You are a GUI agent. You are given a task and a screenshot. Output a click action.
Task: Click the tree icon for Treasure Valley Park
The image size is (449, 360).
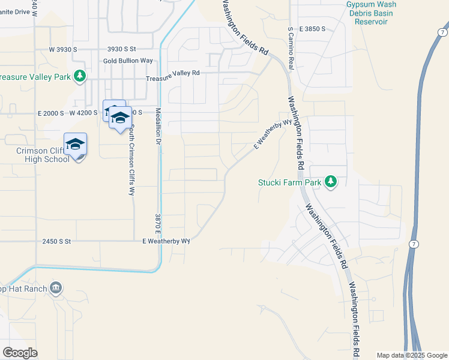pyautogui.click(x=79, y=76)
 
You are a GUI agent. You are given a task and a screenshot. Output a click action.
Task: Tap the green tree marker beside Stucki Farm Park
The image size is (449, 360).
pyautogui.click(x=330, y=181)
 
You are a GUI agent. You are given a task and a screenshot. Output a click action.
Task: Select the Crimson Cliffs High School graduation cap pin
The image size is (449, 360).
pyautogui.click(x=76, y=145)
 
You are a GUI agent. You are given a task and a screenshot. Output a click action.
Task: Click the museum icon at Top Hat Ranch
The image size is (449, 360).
pyautogui.click(x=56, y=289)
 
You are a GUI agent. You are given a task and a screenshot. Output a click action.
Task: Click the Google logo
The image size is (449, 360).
pyautogui.click(x=20, y=353)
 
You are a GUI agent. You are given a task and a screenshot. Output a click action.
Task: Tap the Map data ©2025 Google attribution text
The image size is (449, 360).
pyautogui.click(x=412, y=355)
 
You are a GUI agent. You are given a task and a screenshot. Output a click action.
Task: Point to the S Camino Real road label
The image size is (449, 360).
pyautogui.click(x=291, y=48)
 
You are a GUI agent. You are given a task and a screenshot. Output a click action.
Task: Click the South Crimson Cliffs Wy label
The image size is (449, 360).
pyautogui.click(x=131, y=160)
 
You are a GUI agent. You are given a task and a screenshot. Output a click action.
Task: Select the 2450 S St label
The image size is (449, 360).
pyautogui.click(x=56, y=241)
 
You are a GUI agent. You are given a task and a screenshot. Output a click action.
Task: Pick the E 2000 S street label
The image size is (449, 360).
pyautogui.click(x=50, y=113)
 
